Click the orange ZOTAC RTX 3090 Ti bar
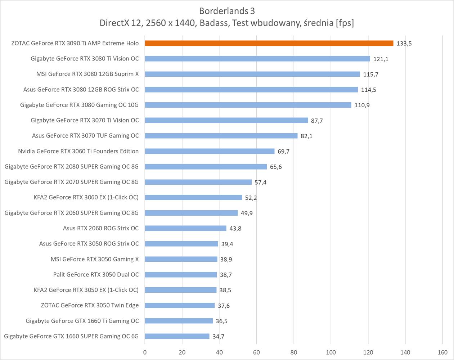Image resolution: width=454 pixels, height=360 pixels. [x=269, y=43]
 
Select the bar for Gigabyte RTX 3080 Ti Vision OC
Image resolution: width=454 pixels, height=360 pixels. [x=257, y=59]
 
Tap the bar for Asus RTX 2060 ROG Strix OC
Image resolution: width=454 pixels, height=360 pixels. [x=185, y=228]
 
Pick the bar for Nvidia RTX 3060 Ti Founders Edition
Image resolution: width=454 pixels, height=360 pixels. [x=210, y=151]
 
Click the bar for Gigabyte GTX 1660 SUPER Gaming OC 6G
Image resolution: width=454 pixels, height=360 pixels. [x=177, y=336]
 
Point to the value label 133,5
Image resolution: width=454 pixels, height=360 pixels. [x=404, y=44]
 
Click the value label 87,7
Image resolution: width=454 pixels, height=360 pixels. [x=317, y=121]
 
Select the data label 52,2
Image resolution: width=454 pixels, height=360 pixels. [x=251, y=198]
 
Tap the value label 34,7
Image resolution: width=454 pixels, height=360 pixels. [x=218, y=337]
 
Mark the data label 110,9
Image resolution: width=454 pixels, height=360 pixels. [x=362, y=105]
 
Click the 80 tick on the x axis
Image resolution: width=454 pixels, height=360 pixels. [x=294, y=352]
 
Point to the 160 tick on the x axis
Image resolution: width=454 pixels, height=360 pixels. [x=442, y=352]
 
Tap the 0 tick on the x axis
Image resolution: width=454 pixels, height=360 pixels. [x=145, y=352]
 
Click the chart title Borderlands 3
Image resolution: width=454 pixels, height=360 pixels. [x=227, y=11]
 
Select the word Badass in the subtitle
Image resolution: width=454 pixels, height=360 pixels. [x=214, y=23]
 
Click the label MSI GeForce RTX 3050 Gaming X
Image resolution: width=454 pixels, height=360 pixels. [x=95, y=259]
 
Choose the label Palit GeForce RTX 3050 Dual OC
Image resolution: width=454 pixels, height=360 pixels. [x=96, y=274]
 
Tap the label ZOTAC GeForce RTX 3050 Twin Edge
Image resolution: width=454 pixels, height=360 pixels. [x=90, y=305]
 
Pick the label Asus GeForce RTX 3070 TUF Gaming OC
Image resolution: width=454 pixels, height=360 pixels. [x=85, y=136]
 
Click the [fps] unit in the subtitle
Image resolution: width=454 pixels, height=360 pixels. [x=345, y=23]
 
